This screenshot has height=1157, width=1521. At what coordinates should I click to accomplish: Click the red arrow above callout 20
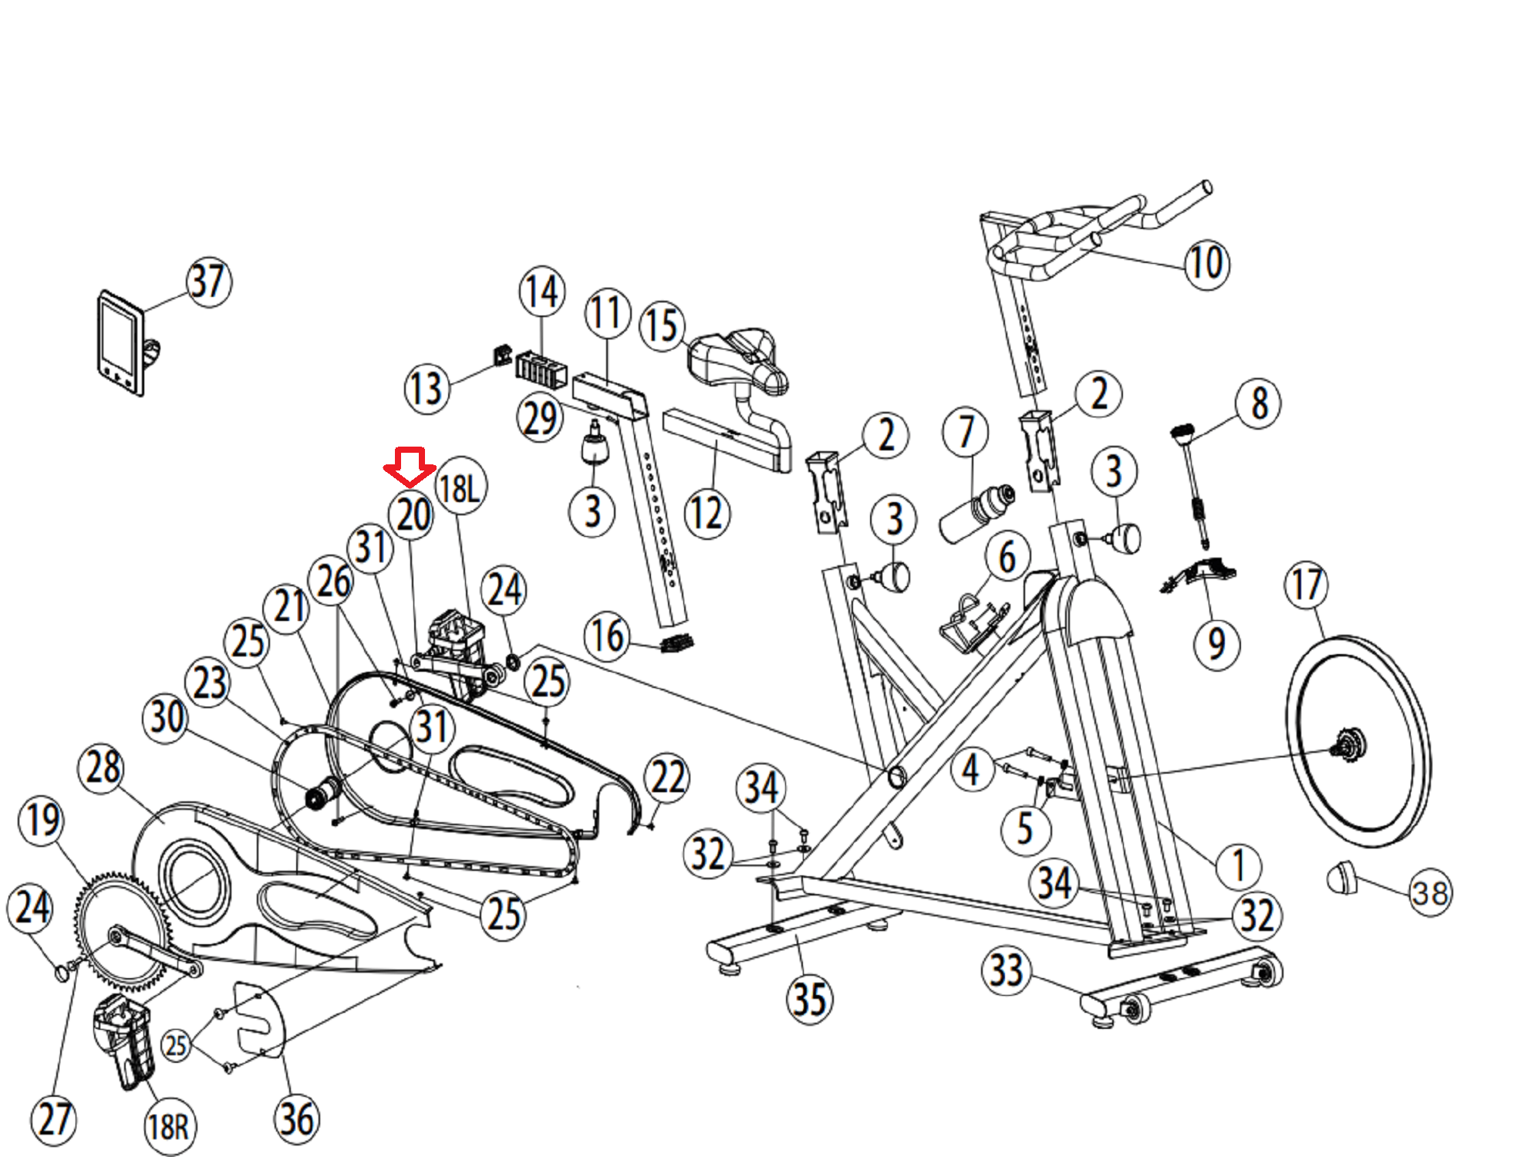point(410,466)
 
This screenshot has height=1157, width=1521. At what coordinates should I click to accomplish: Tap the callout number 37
point(208,282)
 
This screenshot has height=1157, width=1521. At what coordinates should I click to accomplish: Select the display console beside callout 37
point(122,343)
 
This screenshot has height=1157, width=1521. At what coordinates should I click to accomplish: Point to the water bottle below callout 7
point(976,512)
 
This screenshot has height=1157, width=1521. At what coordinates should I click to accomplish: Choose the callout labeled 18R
point(169,1127)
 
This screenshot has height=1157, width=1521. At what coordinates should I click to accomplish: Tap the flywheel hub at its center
point(1350,745)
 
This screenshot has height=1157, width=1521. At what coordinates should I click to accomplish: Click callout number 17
point(1306,585)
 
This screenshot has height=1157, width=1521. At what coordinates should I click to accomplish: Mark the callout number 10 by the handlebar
point(1206,264)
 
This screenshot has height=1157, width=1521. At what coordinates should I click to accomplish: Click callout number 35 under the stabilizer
point(809,999)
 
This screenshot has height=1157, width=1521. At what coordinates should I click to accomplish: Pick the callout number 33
point(1006,970)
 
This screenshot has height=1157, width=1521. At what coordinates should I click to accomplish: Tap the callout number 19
point(42,819)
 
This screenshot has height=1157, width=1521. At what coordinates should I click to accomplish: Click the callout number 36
point(297,1119)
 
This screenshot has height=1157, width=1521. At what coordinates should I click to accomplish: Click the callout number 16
point(608,636)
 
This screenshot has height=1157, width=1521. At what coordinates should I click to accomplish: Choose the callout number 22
point(667,778)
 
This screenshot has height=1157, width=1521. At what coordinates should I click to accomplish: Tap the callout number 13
point(427,388)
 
